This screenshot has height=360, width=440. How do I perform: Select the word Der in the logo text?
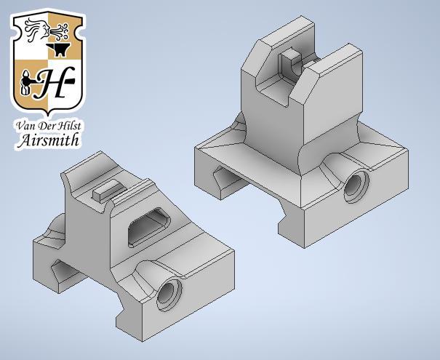pos(45,125)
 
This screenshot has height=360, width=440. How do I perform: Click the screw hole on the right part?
pos(356,185)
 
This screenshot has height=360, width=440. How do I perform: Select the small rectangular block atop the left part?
pos(106,191)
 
